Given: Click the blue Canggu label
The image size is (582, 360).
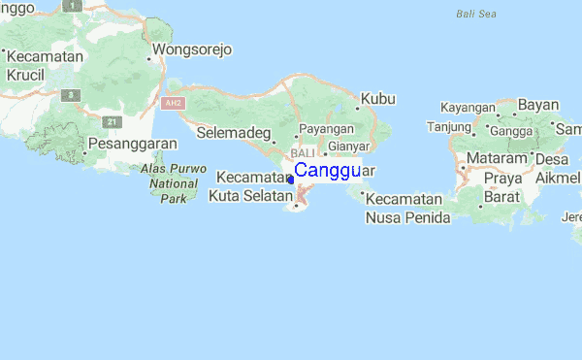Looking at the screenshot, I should [x=327, y=171].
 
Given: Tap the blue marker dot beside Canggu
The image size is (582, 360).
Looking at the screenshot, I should [x=291, y=180].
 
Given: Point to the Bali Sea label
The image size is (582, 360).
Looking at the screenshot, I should [x=475, y=15].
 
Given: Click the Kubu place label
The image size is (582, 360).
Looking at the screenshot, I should [x=378, y=98].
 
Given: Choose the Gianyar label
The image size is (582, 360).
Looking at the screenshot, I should [x=349, y=147].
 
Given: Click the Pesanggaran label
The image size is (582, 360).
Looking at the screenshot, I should [x=132, y=144].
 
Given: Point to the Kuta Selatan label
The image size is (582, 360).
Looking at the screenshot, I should [x=249, y=197].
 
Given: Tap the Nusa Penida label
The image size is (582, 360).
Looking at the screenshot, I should [x=407, y=217].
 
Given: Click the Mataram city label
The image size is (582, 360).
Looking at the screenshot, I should [x=497, y=158].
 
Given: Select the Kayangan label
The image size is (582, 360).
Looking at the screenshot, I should [x=467, y=107].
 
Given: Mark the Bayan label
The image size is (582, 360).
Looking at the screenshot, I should [x=538, y=105].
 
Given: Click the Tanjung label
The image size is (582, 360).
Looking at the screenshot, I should [x=448, y=126].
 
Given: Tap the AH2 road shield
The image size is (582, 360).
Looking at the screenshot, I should [x=173, y=102].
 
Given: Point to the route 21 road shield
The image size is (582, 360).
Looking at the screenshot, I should [x=112, y=121].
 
